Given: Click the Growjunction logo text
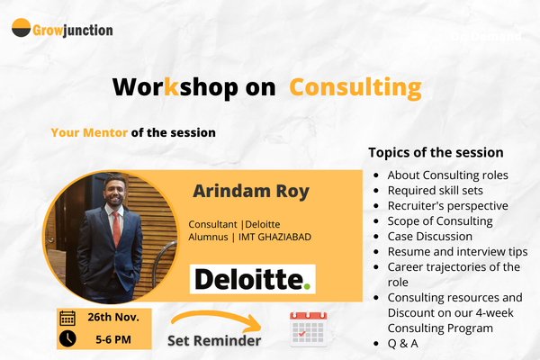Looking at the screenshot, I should click(73, 29).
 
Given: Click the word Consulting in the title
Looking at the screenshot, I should click(356, 86).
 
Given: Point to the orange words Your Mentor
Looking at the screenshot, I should click(89, 132).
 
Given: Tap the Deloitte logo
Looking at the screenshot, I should click(252, 280).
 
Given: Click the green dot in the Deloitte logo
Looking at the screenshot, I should click(308, 287).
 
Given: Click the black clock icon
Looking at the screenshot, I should click(67, 339).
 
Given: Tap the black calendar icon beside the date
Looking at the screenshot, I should click(67, 318).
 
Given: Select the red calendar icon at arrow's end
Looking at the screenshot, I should click(307, 329).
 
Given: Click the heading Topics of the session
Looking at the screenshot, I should click(436, 152).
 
